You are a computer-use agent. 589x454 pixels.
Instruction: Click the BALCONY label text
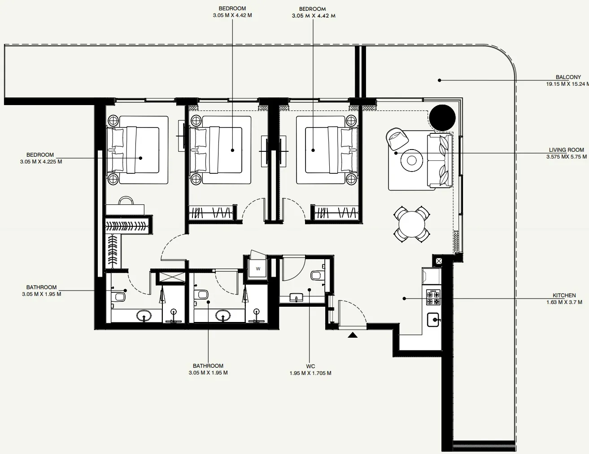[568, 77]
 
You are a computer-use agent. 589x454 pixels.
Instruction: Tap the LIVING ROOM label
[566, 150]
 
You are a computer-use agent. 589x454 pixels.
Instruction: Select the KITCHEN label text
[564, 295]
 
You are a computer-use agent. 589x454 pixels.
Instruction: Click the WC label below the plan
[310, 366]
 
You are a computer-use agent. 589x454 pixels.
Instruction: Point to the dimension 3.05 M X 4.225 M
[41, 162]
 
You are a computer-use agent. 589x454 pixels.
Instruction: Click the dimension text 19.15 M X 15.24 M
[567, 84]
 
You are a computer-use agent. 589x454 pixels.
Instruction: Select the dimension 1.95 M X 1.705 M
[310, 373]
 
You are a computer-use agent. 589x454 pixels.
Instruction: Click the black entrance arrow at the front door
[353, 335]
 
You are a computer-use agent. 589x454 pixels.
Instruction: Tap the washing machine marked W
[258, 269]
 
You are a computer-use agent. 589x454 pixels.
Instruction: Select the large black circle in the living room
[442, 118]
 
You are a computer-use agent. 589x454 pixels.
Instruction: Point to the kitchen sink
[434, 320]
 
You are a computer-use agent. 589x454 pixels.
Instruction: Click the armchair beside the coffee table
[397, 138]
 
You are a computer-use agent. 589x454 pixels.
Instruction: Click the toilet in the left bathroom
[119, 296]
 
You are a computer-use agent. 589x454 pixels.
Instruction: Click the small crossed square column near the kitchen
[438, 260]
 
